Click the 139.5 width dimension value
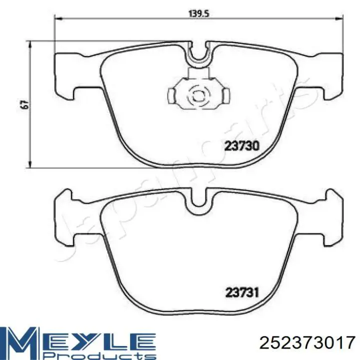[x=199, y=13]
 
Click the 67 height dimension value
[x=24, y=104]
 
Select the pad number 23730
[x=242, y=146]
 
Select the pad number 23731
[x=242, y=292]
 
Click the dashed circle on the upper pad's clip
[x=198, y=95]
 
